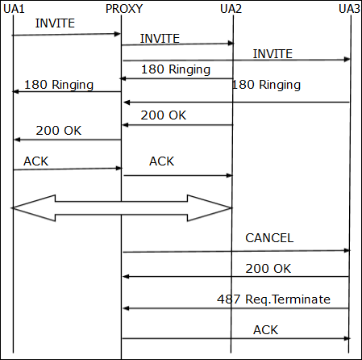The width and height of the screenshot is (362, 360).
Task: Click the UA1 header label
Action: click(x=14, y=9)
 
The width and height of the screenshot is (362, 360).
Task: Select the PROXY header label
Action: click(x=125, y=9)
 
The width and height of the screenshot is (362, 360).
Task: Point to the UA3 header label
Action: click(x=349, y=9)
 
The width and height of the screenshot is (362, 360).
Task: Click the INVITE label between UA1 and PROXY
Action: click(x=55, y=23)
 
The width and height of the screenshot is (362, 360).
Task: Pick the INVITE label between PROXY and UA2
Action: click(x=160, y=38)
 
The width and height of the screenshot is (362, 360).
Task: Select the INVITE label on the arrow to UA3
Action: click(x=273, y=53)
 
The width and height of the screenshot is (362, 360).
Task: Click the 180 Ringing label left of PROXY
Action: click(x=59, y=84)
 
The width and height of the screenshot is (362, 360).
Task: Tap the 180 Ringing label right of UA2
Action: click(x=266, y=84)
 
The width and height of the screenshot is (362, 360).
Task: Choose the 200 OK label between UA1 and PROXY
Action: click(x=58, y=130)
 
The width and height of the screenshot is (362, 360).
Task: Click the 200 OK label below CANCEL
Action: click(x=269, y=267)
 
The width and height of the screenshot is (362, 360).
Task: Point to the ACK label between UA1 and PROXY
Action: click(x=35, y=161)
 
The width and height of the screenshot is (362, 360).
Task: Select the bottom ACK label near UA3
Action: click(x=265, y=329)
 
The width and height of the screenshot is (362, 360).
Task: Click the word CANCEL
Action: click(x=269, y=238)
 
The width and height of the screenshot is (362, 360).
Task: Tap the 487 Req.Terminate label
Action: click(x=274, y=299)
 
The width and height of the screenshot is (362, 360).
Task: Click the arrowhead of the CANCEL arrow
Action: click(x=347, y=250)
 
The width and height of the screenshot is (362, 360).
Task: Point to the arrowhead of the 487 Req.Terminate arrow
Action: click(x=125, y=308)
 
